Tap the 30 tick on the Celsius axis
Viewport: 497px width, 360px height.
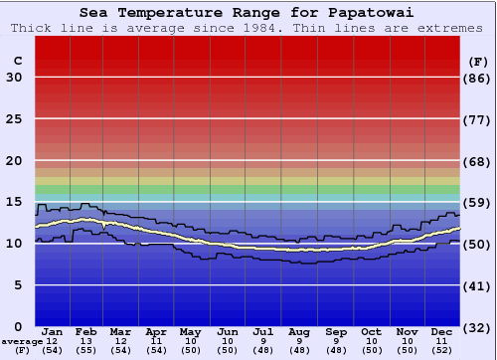tap(14, 78)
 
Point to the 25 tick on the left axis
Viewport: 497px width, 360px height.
tap(14, 119)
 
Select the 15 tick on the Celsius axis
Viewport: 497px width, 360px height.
tap(14, 202)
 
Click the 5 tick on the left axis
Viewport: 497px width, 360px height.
tap(18, 285)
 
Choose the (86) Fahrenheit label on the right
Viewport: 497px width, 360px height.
tap(478, 78)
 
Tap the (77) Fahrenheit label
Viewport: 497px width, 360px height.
tap(478, 119)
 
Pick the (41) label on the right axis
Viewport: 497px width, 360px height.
tap(478, 285)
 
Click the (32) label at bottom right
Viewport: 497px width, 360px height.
tap(478, 327)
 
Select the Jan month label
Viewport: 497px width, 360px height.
tap(53, 331)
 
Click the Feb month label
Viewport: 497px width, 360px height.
tap(87, 331)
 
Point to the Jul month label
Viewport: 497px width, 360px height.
tap(263, 331)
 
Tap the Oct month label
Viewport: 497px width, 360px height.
tap(371, 331)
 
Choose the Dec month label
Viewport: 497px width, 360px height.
tap(442, 331)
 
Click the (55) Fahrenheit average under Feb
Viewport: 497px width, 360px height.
tap(87, 351)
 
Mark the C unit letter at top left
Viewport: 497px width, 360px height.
tap(17, 61)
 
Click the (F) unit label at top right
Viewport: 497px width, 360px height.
tap(478, 61)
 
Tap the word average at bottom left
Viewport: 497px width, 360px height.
tap(22, 341)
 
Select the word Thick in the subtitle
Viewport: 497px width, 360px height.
tap(31, 28)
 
